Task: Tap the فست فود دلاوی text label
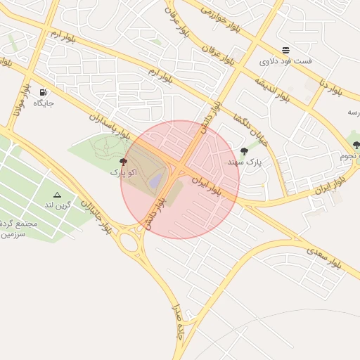(x=285, y=61)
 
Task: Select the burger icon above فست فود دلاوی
(x=285, y=50)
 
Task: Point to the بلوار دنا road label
(x=330, y=89)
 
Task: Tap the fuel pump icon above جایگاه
(x=44, y=92)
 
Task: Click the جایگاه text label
(x=44, y=103)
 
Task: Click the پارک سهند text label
(x=243, y=162)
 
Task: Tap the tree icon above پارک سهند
(x=244, y=151)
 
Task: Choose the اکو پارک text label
(x=123, y=172)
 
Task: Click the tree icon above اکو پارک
(x=124, y=162)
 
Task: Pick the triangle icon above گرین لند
(x=58, y=195)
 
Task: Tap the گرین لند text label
(x=58, y=205)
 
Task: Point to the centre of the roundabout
(x=129, y=243)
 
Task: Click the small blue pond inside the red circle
(x=155, y=181)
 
